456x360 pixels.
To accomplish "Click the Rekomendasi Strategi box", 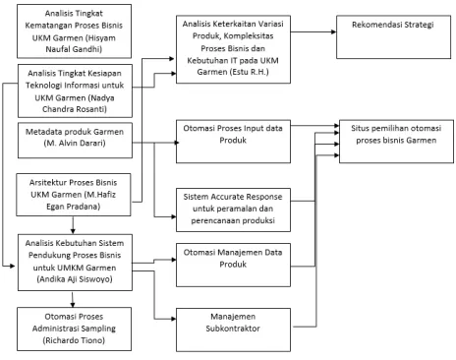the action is (x=393, y=36).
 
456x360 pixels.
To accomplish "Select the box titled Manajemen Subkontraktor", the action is (x=233, y=330).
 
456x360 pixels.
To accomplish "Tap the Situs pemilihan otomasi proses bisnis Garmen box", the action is (x=396, y=142).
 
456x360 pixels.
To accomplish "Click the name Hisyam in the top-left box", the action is (x=101, y=37).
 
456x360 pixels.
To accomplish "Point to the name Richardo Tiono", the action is (x=74, y=340).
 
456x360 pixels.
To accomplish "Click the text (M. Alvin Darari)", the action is (x=75, y=144).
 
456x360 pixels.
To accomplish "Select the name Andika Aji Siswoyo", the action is (x=75, y=279).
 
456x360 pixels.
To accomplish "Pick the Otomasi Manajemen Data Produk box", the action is (x=233, y=265).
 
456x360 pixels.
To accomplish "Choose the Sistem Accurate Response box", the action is (x=233, y=210).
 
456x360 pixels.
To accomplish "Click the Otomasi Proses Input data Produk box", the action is (x=233, y=142).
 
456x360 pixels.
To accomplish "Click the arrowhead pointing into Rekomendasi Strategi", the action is (x=334, y=31).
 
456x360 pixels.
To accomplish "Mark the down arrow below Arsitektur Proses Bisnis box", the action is (x=73, y=225).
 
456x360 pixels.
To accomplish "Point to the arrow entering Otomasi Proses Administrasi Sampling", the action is (x=73, y=299).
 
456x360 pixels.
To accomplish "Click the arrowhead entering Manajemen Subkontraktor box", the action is (x=174, y=319).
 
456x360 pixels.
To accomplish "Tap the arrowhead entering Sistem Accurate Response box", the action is (x=174, y=216).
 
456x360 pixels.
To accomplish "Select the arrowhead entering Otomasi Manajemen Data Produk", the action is (x=174, y=260).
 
